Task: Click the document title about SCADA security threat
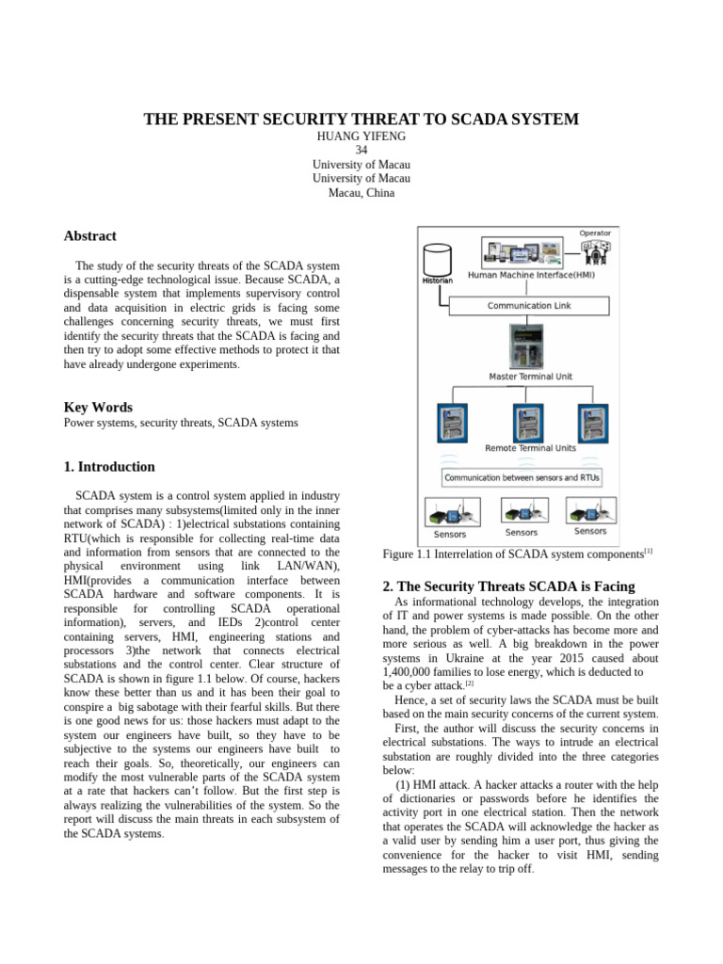pyautogui.click(x=361, y=120)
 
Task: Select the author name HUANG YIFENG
pyautogui.click(x=361, y=137)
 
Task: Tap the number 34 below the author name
pyautogui.click(x=361, y=151)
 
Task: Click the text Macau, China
pyautogui.click(x=361, y=193)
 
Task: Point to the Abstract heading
pyautogui.click(x=89, y=236)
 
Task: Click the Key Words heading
pyautogui.click(x=98, y=407)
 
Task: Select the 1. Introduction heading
pyautogui.click(x=109, y=467)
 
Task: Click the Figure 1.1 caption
pyautogui.click(x=517, y=554)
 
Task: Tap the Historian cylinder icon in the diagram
pyautogui.click(x=436, y=261)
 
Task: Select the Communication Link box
pyautogui.click(x=528, y=306)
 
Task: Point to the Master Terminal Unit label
pyautogui.click(x=530, y=377)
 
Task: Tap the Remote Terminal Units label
pyautogui.click(x=530, y=448)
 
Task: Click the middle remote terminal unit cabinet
pyautogui.click(x=528, y=423)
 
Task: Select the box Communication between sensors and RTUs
pyautogui.click(x=522, y=477)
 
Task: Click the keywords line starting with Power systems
pyautogui.click(x=180, y=423)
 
